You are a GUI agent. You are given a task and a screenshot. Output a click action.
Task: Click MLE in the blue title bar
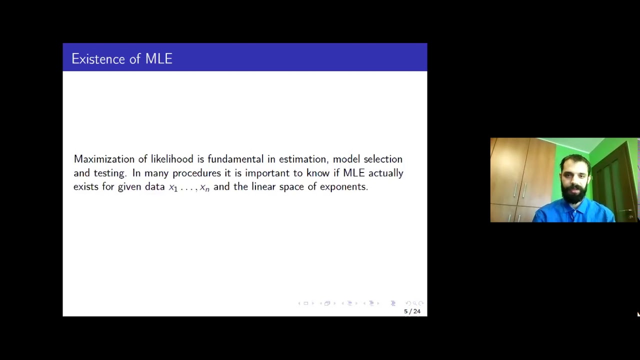158,59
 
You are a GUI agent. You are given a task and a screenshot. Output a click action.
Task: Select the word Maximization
104,159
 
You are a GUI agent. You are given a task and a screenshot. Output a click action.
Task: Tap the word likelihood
171,159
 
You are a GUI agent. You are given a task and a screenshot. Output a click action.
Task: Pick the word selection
382,159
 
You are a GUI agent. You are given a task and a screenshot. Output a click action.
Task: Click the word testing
109,173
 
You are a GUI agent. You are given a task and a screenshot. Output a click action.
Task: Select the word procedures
196,173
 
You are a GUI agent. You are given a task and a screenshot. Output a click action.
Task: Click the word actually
385,173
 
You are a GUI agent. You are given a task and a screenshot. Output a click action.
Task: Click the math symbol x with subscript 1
173,188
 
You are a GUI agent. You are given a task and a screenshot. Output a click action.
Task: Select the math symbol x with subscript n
204,188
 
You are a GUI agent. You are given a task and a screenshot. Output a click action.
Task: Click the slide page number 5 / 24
412,311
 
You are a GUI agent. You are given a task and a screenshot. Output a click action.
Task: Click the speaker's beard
574,193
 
